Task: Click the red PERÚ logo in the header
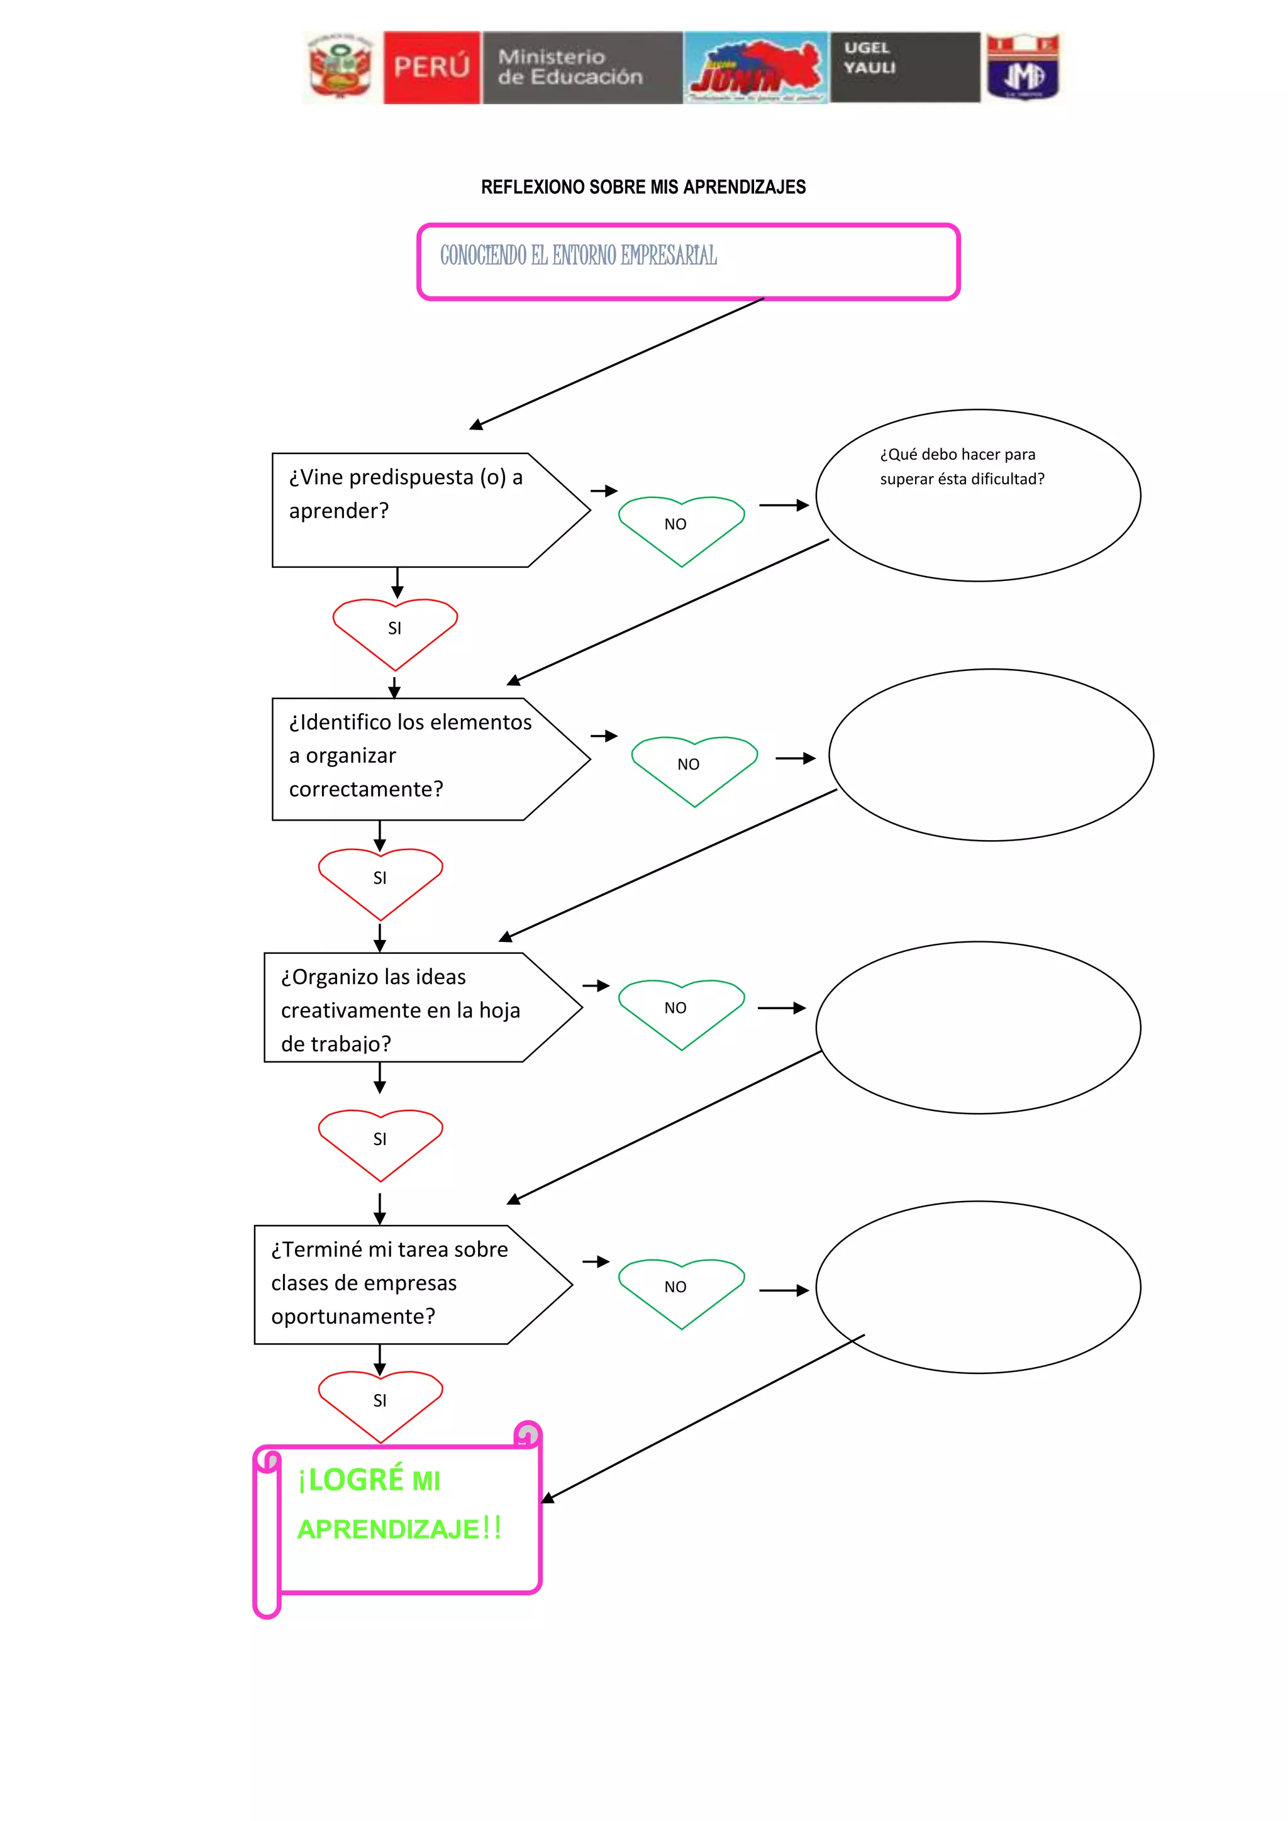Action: click(431, 67)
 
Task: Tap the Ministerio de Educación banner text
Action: click(570, 67)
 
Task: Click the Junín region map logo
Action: click(756, 68)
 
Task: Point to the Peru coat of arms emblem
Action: click(340, 68)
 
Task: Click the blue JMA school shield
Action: click(1023, 69)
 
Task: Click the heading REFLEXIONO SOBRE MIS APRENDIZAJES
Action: click(643, 187)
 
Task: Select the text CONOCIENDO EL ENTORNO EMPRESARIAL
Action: click(578, 255)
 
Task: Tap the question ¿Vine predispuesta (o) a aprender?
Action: click(405, 494)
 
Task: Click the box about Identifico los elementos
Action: click(409, 755)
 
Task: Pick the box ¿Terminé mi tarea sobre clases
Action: click(389, 1283)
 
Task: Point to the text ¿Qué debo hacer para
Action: click(957, 455)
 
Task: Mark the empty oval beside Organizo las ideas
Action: click(977, 1026)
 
